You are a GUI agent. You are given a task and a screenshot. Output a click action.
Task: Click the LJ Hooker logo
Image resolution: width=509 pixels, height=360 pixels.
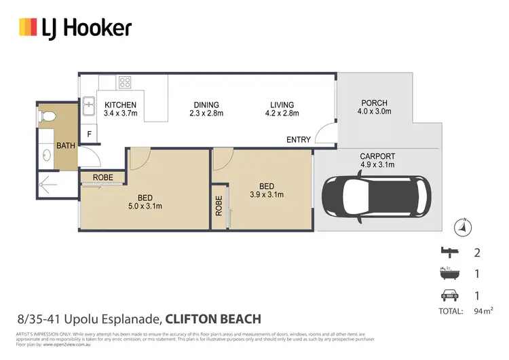point(75,28)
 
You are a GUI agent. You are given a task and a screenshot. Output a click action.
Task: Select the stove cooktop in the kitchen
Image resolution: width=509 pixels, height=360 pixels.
point(125,82)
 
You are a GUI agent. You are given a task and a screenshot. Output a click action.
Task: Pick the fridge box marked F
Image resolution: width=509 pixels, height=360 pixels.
point(88,134)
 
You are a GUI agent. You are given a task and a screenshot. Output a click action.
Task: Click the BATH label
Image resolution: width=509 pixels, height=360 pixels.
point(66,145)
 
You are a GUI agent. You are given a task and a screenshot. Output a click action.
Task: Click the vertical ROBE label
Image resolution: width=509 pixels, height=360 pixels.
point(219,206)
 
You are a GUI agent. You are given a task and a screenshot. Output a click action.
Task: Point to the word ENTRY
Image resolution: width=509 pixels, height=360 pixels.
point(299,140)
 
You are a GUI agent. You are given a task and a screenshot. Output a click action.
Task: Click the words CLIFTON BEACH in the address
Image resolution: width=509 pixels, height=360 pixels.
point(212,319)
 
